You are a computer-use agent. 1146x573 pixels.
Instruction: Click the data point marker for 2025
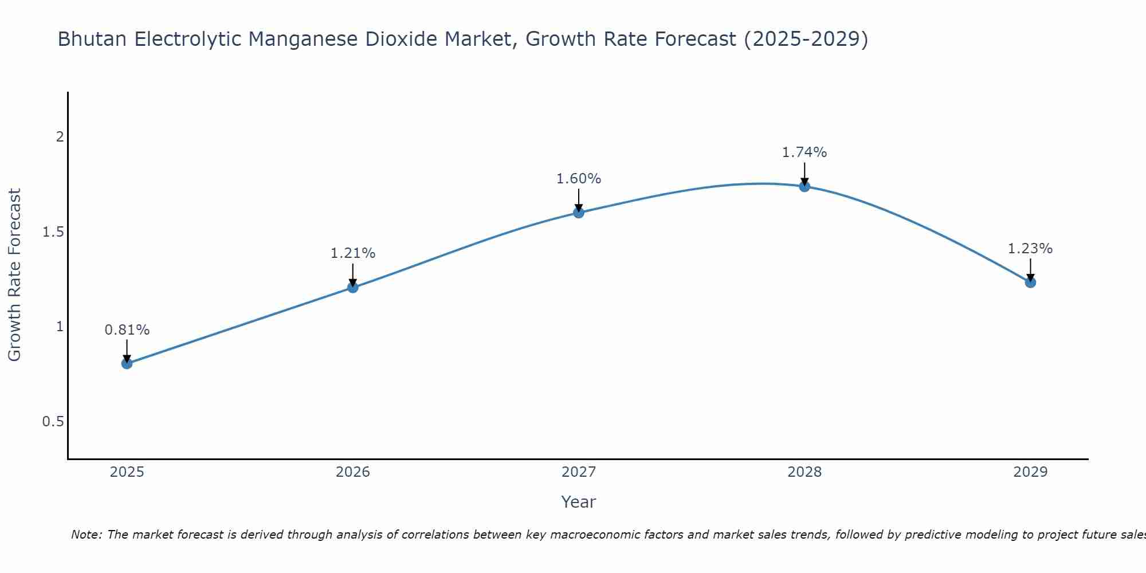pyautogui.click(x=127, y=363)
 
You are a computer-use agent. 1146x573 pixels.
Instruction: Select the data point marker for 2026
pyautogui.click(x=353, y=287)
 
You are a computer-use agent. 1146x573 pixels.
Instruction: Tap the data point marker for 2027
pyautogui.click(x=579, y=213)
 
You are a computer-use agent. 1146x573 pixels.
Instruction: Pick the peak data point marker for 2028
pyautogui.click(x=804, y=186)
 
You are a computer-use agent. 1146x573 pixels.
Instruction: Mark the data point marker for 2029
pyautogui.click(x=1030, y=282)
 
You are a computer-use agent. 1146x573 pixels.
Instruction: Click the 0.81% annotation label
pyautogui.click(x=127, y=330)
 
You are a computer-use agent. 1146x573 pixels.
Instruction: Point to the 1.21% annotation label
pyautogui.click(x=353, y=253)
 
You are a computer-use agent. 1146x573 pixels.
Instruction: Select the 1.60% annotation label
pyautogui.click(x=579, y=179)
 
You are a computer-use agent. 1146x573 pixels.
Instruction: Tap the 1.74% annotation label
pyautogui.click(x=804, y=152)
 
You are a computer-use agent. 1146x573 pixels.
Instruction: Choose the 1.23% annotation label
pyautogui.click(x=1030, y=249)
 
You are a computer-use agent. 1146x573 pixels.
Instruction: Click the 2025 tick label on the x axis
pyautogui.click(x=127, y=472)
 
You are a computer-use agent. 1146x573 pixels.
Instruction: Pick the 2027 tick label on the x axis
pyautogui.click(x=579, y=472)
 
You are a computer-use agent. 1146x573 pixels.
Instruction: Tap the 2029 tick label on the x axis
pyautogui.click(x=1030, y=472)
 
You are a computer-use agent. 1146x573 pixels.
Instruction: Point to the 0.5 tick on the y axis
pyautogui.click(x=53, y=422)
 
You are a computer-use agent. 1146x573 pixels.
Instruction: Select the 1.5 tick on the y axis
pyautogui.click(x=53, y=232)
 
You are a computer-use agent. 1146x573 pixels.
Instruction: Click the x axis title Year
pyautogui.click(x=579, y=502)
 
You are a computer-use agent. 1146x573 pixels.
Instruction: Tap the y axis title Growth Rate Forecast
pyautogui.click(x=15, y=275)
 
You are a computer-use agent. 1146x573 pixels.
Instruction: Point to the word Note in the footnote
pyautogui.click(x=86, y=535)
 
